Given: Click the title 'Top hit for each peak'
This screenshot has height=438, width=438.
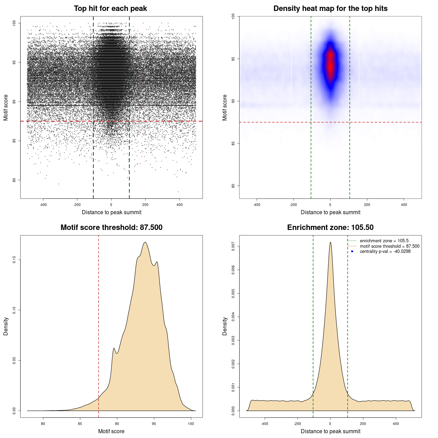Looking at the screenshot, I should click(x=110, y=9).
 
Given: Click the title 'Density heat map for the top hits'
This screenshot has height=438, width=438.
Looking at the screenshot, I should click(x=330, y=9).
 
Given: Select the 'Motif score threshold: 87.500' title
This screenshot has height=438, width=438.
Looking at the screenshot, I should click(x=111, y=228).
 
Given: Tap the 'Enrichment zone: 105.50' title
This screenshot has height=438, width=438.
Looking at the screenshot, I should click(x=330, y=228).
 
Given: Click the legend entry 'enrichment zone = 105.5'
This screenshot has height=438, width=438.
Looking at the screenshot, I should click(x=384, y=241).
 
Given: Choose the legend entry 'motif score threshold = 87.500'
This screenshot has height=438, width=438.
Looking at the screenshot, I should click(x=389, y=246).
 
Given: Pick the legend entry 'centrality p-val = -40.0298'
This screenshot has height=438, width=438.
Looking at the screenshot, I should click(x=385, y=252).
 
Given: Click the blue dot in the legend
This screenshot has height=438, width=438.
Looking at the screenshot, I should click(x=352, y=252).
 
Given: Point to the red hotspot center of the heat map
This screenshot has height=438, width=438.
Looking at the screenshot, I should click(x=330, y=63).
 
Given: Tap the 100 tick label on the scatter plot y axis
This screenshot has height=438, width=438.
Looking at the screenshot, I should click(x=14, y=23).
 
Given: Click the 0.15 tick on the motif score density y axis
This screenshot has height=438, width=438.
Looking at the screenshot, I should click(x=14, y=260).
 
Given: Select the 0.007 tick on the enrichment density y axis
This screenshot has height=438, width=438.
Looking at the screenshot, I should click(x=233, y=246).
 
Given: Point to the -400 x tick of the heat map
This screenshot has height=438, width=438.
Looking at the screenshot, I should click(x=257, y=205).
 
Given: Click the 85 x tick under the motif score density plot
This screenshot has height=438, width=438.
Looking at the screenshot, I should click(x=80, y=424).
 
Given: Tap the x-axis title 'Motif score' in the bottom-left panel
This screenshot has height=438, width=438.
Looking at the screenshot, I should click(x=111, y=431).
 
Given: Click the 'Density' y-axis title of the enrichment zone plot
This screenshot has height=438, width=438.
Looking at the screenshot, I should click(x=225, y=326).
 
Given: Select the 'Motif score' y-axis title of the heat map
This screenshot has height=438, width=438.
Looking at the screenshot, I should click(x=225, y=107).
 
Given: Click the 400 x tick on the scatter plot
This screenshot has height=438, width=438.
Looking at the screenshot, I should click(x=179, y=205).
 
